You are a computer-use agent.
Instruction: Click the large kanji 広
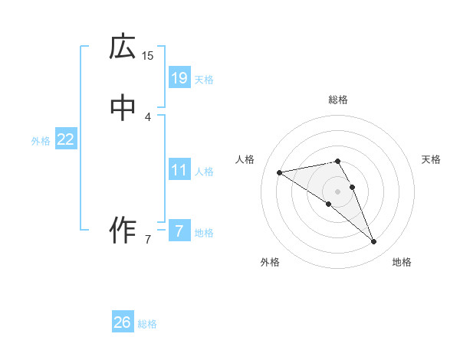click(x=123, y=47)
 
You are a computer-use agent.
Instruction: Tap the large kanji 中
click(x=123, y=109)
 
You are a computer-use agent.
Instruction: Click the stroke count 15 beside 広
click(x=148, y=55)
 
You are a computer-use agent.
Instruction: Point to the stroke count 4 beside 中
click(x=148, y=116)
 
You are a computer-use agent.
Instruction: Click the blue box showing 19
click(x=179, y=77)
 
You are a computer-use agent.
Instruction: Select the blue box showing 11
click(x=179, y=170)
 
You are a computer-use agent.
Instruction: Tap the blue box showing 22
click(x=66, y=139)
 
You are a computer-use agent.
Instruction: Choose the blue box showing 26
click(x=123, y=322)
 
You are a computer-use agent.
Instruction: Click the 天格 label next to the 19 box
click(x=204, y=80)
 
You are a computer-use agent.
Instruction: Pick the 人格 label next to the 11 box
click(x=204, y=172)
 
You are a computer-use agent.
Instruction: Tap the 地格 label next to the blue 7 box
click(x=204, y=233)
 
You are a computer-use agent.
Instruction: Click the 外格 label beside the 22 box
click(x=40, y=141)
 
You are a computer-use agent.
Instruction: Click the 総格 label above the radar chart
click(x=338, y=100)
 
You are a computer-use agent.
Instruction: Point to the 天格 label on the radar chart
click(x=431, y=159)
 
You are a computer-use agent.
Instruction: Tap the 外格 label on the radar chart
click(x=270, y=262)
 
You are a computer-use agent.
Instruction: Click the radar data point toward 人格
click(x=279, y=172)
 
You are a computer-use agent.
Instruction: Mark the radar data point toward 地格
click(x=374, y=242)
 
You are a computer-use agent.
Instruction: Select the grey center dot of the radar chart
click(x=338, y=191)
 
